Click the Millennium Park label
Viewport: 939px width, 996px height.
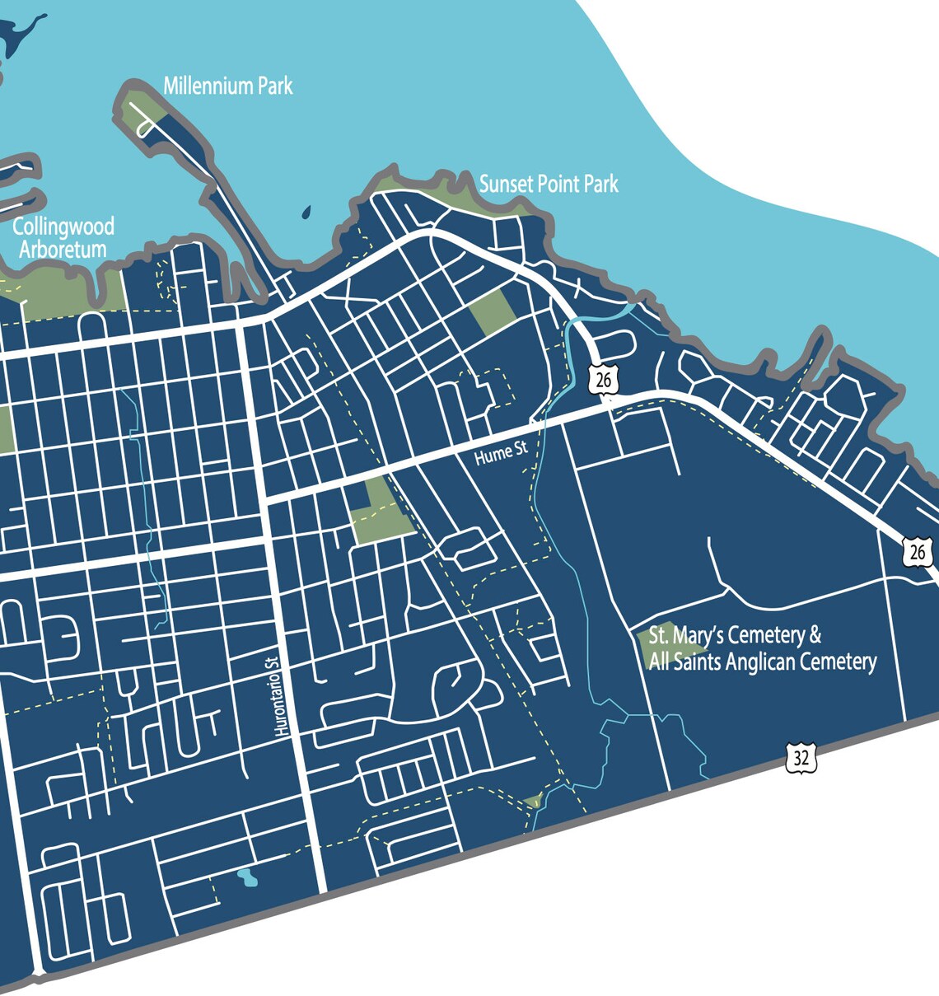pos(227,86)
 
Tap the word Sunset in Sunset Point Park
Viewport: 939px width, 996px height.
pos(507,184)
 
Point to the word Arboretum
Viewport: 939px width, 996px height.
pos(63,250)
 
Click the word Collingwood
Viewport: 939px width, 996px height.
pos(63,227)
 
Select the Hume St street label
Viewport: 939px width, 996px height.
pos(501,452)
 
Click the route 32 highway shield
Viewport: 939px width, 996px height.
pos(800,757)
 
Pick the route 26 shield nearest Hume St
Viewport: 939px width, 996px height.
pos(604,379)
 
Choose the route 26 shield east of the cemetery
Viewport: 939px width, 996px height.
pos(917,552)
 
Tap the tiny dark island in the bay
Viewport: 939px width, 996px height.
pos(306,213)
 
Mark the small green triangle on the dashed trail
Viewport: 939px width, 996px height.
pos(533,800)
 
